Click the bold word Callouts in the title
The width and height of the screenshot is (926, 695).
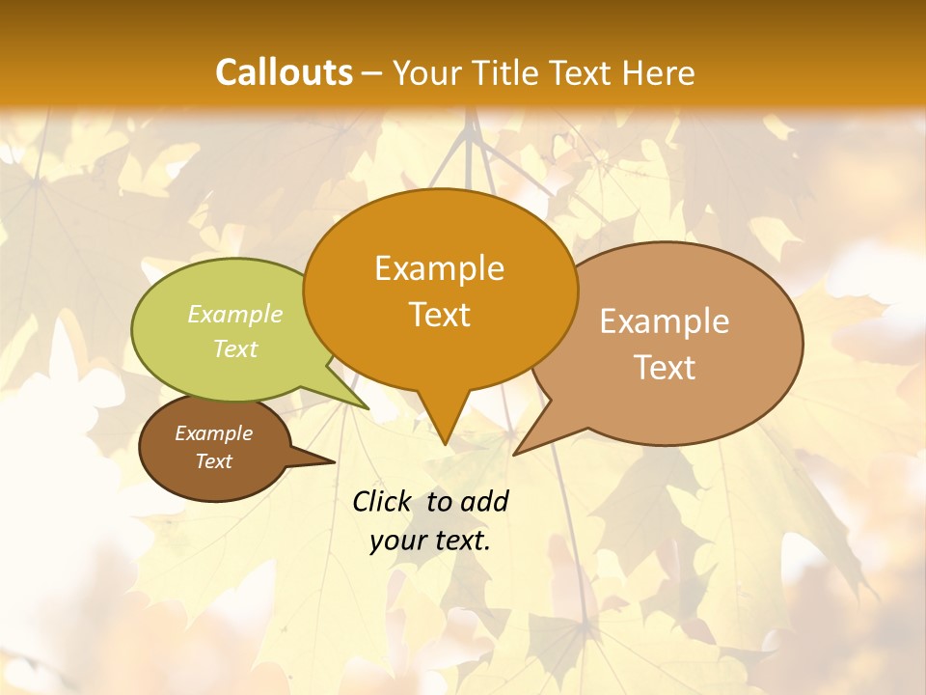pyautogui.click(x=284, y=72)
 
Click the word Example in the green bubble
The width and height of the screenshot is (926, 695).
pyautogui.click(x=235, y=314)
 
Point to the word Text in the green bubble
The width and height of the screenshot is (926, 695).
pyautogui.click(x=235, y=348)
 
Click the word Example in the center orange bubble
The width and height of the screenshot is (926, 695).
pyautogui.click(x=439, y=268)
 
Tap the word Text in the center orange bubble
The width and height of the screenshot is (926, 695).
pyautogui.click(x=439, y=315)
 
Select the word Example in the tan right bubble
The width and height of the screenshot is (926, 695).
pyautogui.click(x=665, y=321)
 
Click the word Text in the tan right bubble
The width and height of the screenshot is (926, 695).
pyautogui.click(x=665, y=367)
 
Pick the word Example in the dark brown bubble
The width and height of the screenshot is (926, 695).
pyautogui.click(x=213, y=433)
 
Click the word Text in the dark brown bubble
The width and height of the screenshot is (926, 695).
pyautogui.click(x=213, y=461)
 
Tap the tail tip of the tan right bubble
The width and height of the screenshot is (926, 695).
pyautogui.click(x=516, y=453)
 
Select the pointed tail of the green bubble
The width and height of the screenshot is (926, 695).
pyautogui.click(x=367, y=407)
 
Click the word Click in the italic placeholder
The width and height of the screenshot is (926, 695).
pyautogui.click(x=384, y=501)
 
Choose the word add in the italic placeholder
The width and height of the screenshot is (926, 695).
pyautogui.click(x=485, y=501)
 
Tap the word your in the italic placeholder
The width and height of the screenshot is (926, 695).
pyautogui.click(x=395, y=541)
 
